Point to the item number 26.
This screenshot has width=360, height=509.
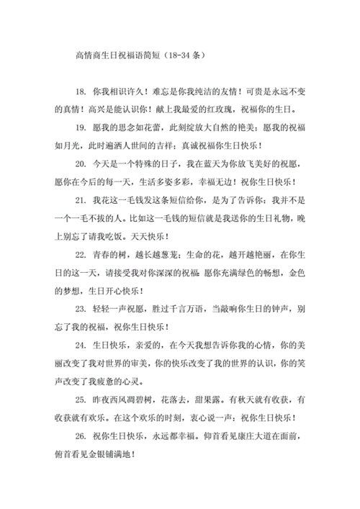tap(78, 438)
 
